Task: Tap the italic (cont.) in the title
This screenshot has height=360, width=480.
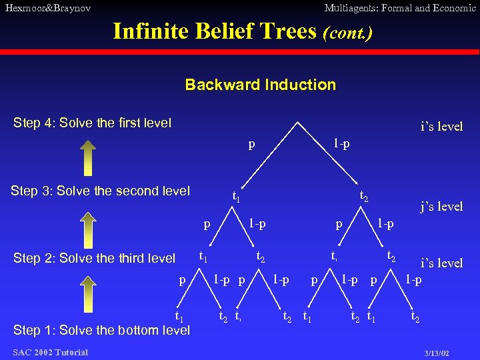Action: point(347,31)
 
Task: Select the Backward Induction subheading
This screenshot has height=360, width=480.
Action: point(260,85)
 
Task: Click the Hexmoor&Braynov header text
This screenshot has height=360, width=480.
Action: point(47,8)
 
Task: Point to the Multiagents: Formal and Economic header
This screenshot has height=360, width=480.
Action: point(399,8)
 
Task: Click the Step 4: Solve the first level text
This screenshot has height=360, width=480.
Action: point(93,123)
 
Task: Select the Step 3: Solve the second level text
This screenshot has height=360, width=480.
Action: point(100,191)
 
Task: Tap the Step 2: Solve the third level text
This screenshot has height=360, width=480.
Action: point(94,259)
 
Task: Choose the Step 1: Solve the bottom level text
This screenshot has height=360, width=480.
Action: point(101,330)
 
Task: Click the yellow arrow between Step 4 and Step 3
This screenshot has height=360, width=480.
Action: point(91,157)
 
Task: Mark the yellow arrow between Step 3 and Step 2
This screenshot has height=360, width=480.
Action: point(91,225)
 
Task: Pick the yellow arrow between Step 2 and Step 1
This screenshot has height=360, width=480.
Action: point(91,293)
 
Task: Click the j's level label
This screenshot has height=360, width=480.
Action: point(441,207)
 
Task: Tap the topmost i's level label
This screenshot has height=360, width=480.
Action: point(441,127)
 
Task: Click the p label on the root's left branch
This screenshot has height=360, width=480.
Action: point(251,143)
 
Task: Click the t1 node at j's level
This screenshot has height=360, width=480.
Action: point(236,196)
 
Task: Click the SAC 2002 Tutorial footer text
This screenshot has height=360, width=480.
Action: point(49,352)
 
